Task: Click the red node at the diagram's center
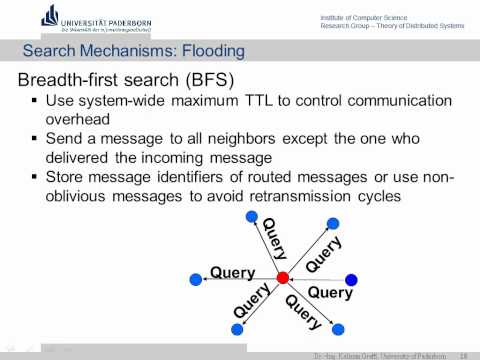[x=282, y=277]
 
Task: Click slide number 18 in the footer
[x=464, y=354]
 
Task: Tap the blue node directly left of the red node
[x=195, y=278]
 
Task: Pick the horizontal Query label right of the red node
[x=330, y=293]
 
